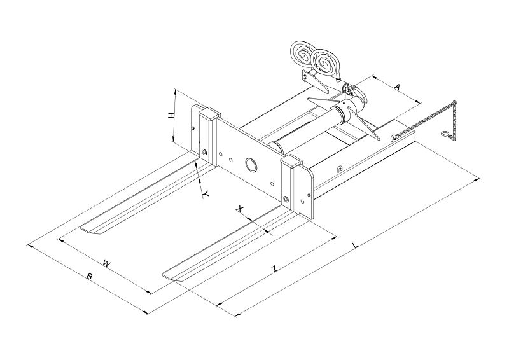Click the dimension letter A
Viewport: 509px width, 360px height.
pos(397,87)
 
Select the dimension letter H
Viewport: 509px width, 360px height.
pos(171,116)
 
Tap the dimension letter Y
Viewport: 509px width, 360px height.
pos(206,194)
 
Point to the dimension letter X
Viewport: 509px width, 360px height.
pos(239,209)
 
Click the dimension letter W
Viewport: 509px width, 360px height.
pos(106,263)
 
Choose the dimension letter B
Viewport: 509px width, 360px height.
pos(89,277)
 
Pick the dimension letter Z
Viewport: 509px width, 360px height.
pos(275,268)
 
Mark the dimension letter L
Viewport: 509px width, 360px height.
pos(356,246)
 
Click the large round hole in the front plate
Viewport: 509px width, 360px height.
pos(251,164)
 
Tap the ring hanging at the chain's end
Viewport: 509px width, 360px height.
pos(445,134)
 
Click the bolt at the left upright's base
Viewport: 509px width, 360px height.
pos(204,151)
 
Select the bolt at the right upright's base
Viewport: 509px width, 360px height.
pos(286,198)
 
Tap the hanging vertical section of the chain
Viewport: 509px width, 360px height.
pos(454,121)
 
